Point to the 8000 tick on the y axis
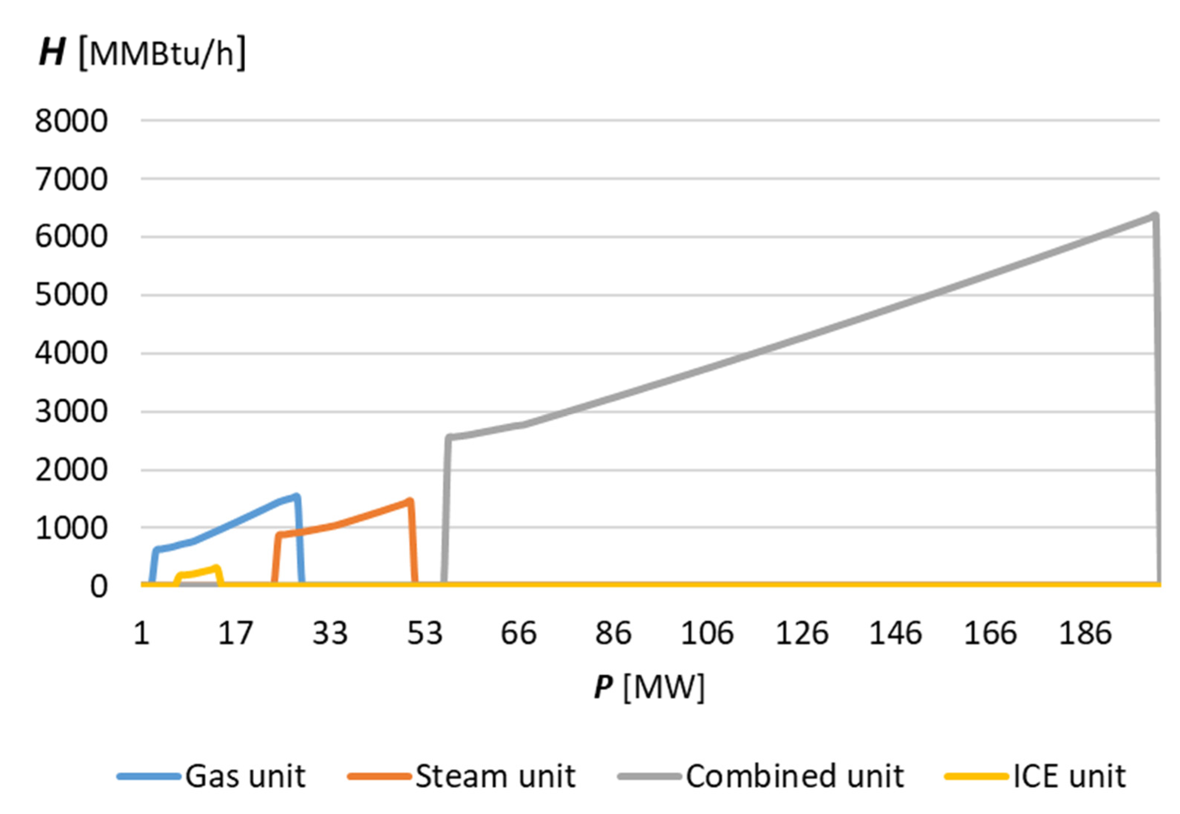71,122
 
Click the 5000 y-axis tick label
71,295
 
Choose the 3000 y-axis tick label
71,412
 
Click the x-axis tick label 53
425,633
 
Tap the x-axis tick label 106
707,633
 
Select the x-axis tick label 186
1085,633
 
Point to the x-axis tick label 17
235,633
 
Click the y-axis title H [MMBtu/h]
143,52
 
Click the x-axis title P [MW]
649,687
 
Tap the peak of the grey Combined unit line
1155,216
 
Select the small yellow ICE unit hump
199,573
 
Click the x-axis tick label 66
518,633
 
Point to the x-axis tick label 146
896,633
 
